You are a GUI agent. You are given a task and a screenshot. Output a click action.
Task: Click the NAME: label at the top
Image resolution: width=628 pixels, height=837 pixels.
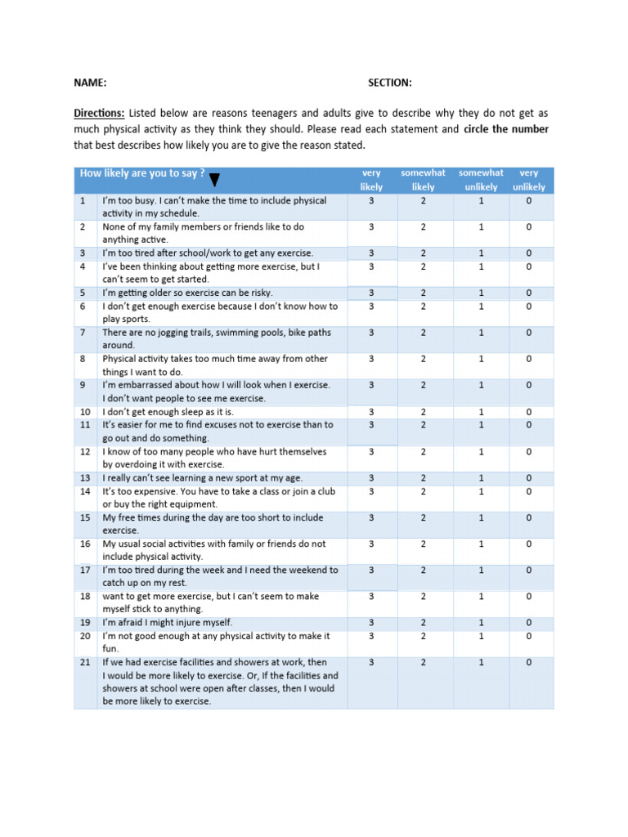[x=90, y=83]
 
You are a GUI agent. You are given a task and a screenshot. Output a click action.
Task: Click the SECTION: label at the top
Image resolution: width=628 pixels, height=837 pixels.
[x=389, y=83]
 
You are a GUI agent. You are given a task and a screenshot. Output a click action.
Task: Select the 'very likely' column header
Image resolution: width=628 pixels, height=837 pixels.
[x=371, y=180]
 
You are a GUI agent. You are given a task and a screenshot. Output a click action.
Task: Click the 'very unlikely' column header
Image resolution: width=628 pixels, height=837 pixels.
[x=529, y=180]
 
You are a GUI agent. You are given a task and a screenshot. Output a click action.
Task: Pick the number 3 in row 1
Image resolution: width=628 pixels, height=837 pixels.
[x=371, y=200]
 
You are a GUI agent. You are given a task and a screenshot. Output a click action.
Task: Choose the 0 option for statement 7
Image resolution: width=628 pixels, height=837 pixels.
[x=529, y=333]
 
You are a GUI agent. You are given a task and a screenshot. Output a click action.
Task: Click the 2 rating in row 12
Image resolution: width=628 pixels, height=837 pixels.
[x=424, y=451]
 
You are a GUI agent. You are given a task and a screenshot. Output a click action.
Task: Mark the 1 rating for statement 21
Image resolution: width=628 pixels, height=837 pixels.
[x=481, y=662]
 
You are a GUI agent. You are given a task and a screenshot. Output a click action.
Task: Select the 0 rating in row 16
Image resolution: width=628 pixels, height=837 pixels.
[x=529, y=544]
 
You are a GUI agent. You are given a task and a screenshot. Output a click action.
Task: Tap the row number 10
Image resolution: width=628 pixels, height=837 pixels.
[x=84, y=412]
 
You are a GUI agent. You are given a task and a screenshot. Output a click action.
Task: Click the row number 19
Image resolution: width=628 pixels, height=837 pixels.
[x=84, y=623]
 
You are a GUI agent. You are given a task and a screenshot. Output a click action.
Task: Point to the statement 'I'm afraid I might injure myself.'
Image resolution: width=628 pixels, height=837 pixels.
[x=167, y=623]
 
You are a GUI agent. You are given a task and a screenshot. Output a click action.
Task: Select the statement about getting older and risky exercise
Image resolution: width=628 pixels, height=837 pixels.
[x=187, y=293]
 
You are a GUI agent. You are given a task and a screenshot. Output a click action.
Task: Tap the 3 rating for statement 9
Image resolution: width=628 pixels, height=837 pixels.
[x=371, y=385]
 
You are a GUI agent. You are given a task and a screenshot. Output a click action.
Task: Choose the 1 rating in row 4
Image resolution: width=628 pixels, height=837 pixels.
[x=481, y=266]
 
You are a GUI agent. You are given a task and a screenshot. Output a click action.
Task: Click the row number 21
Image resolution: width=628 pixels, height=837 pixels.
[x=84, y=662]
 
